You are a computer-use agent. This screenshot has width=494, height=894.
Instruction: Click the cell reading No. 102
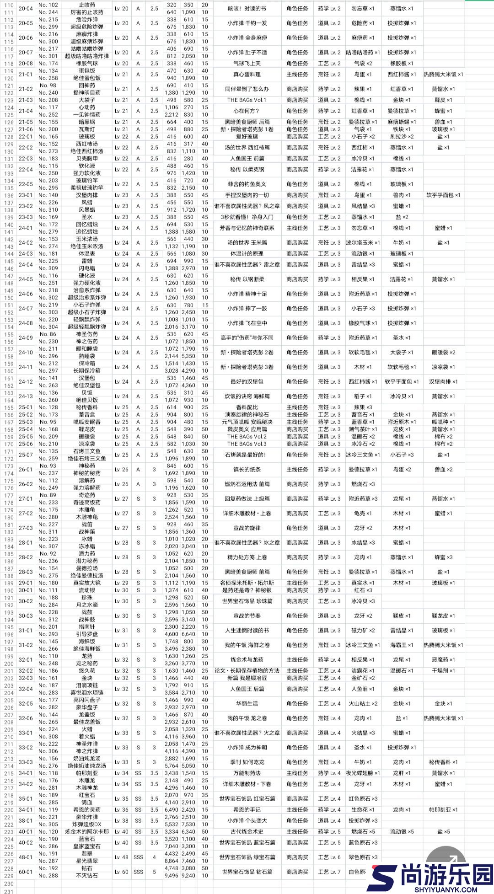pos(48,5)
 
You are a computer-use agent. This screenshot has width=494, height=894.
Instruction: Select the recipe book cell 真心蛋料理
pos(247,75)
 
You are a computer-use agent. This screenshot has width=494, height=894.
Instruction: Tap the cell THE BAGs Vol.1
pos(247,100)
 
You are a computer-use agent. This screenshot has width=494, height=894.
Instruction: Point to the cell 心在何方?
pos(247,111)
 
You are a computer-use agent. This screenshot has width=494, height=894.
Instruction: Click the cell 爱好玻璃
pos(247,137)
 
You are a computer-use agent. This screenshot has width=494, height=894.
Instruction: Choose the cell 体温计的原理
pos(247,254)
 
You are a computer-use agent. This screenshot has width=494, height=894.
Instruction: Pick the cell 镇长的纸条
pos(247,470)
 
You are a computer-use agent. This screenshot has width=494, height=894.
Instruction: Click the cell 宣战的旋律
pos(247,528)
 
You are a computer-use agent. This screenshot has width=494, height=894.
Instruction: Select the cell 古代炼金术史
pos(247,832)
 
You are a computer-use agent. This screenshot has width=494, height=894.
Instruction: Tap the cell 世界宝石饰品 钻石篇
pos(247,872)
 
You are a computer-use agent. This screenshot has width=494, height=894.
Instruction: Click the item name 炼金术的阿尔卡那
pos(87,832)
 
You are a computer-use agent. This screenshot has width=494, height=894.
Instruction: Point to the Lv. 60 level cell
pos(122,872)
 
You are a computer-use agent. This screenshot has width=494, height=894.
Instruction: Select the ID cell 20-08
pos(26,64)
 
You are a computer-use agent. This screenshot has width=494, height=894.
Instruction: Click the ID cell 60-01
pos(26,872)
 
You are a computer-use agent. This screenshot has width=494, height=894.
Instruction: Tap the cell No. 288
pos(48,876)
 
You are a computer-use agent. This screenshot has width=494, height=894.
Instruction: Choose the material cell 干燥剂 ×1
pos(443,671)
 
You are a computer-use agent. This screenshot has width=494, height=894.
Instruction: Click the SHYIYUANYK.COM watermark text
pos(446,889)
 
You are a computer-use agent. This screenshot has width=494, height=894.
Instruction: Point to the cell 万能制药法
pos(247,773)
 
